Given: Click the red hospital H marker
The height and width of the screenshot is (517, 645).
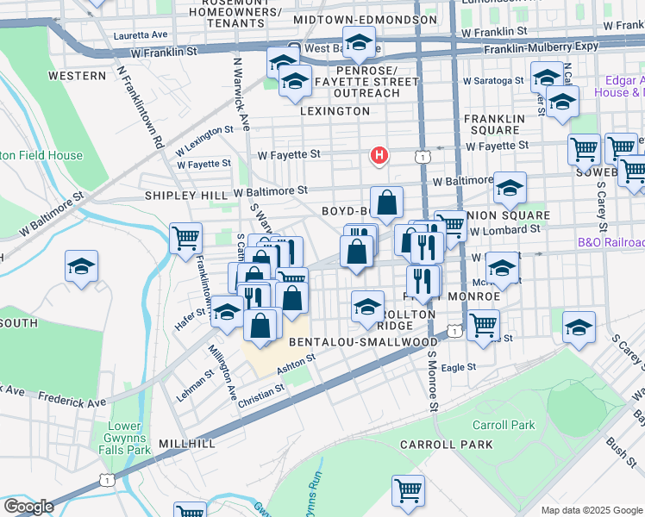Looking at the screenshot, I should point(378,155).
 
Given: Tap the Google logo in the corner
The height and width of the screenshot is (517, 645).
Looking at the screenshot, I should point(28,507).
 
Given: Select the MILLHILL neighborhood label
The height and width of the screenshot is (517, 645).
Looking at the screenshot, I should point(185,443).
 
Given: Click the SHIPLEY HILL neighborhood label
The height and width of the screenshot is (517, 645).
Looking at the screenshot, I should point(185,196).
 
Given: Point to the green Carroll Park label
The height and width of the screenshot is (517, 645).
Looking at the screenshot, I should point(504,425).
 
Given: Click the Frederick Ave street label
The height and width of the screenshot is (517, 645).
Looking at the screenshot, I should point(72,399).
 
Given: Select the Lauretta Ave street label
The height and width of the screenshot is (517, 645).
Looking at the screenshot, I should point(141,35).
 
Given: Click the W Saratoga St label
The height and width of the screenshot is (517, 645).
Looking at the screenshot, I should point(493,80).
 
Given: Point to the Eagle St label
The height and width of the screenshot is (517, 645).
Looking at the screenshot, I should point(459,367).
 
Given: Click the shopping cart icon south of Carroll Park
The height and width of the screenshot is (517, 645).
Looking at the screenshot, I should point(408,489).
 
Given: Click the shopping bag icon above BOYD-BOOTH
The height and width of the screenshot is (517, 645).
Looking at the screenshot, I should point(387,202).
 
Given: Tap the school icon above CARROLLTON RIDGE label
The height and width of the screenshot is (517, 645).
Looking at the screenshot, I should point(367,306).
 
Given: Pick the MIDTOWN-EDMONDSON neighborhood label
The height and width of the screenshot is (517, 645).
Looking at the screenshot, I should point(365,19).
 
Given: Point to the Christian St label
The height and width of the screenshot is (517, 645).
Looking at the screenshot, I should point(262,390).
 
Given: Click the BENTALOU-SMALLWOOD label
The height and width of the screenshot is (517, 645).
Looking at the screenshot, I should point(363,342).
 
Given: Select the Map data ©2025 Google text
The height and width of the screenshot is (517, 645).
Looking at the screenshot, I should point(592,509).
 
